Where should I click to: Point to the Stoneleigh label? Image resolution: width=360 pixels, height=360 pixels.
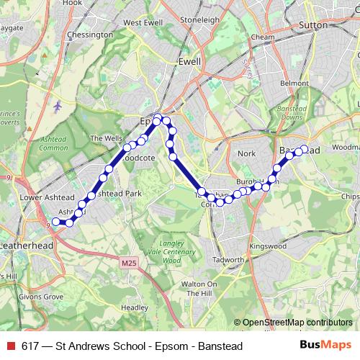199,20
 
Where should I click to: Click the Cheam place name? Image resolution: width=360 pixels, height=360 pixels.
264,37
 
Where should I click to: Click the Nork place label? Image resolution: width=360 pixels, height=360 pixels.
247,153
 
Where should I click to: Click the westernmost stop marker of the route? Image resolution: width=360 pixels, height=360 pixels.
55,221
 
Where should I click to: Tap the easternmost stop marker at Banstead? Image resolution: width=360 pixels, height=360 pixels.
305,149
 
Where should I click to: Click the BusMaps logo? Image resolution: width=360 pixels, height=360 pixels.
325,346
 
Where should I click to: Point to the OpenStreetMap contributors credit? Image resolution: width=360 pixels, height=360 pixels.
294,323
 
